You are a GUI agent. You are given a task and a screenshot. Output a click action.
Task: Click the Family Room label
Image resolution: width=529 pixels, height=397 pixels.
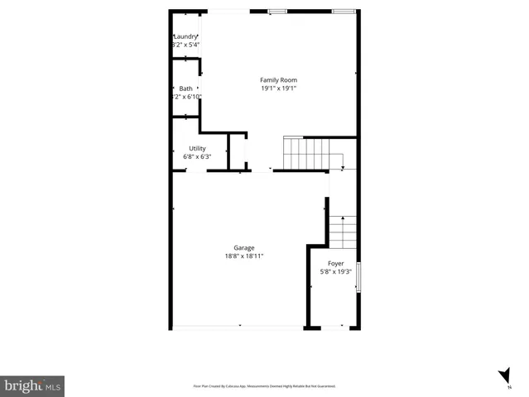click(278, 80)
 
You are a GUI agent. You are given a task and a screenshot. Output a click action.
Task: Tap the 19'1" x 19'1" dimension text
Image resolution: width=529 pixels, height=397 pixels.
click(278, 88)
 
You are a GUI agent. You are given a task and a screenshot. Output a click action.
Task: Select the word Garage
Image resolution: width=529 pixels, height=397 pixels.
click(243, 247)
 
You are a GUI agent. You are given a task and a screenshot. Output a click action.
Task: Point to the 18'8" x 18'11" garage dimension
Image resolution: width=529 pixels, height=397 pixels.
click(243, 256)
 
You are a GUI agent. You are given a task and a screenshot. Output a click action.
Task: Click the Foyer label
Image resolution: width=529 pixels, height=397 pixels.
click(335, 263)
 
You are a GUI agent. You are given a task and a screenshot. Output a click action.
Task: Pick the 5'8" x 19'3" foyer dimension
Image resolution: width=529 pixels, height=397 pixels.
click(335, 271)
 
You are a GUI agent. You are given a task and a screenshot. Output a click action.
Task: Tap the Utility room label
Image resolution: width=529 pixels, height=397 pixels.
click(197, 149)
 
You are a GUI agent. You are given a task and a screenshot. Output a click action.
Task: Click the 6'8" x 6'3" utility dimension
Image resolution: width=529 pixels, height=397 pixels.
click(197, 156)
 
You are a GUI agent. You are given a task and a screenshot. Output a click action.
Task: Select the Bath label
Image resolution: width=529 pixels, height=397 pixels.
click(185, 88)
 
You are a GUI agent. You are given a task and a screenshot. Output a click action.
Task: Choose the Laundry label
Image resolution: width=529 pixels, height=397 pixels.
click(185, 36)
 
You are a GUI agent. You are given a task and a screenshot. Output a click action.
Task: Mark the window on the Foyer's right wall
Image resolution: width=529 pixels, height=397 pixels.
click(358, 276)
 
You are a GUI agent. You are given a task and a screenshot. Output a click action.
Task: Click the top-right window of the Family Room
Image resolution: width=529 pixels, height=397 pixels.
click(342, 12)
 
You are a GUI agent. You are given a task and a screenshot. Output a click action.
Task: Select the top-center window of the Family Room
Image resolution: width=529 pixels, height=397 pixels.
click(277, 12)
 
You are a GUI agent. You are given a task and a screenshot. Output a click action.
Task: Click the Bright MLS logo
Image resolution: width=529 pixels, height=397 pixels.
click(32, 385)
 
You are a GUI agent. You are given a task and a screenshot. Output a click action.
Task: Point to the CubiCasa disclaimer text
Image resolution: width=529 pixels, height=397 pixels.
click(264, 386)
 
